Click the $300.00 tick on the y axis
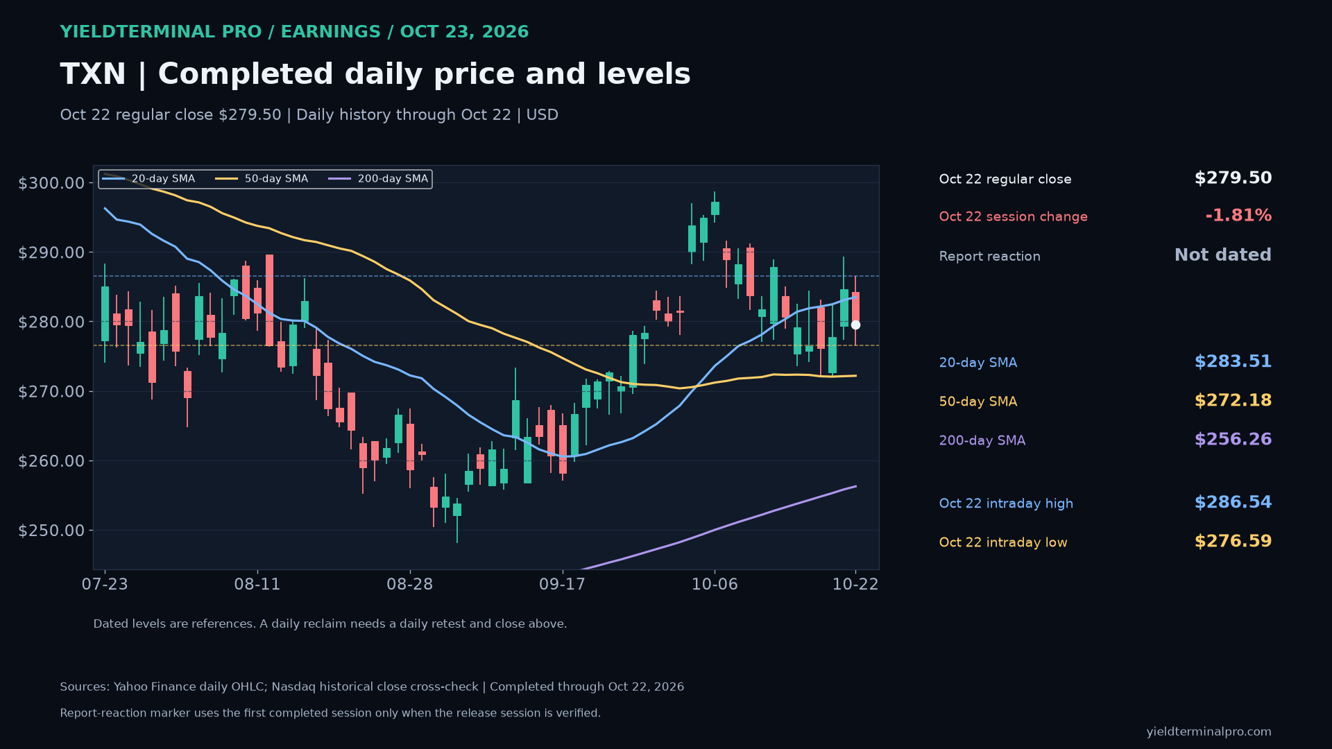tap(51, 183)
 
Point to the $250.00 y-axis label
tap(51, 531)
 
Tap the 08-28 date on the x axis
tap(409, 584)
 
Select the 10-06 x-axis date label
tap(715, 584)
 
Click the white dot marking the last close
tap(855, 325)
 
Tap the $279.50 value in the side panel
tap(1233, 178)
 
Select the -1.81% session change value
tap(1238, 216)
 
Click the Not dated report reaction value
tap(1223, 255)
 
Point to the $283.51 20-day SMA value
tap(1233, 362)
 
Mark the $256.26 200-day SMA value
tap(1233, 440)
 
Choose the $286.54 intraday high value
tap(1233, 503)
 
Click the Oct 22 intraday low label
tap(1003, 542)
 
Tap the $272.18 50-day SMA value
tap(1233, 401)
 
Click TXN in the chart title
tap(93, 74)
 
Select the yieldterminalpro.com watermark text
tap(1209, 732)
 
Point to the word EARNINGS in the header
tap(330, 32)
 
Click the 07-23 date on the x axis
tap(105, 584)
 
